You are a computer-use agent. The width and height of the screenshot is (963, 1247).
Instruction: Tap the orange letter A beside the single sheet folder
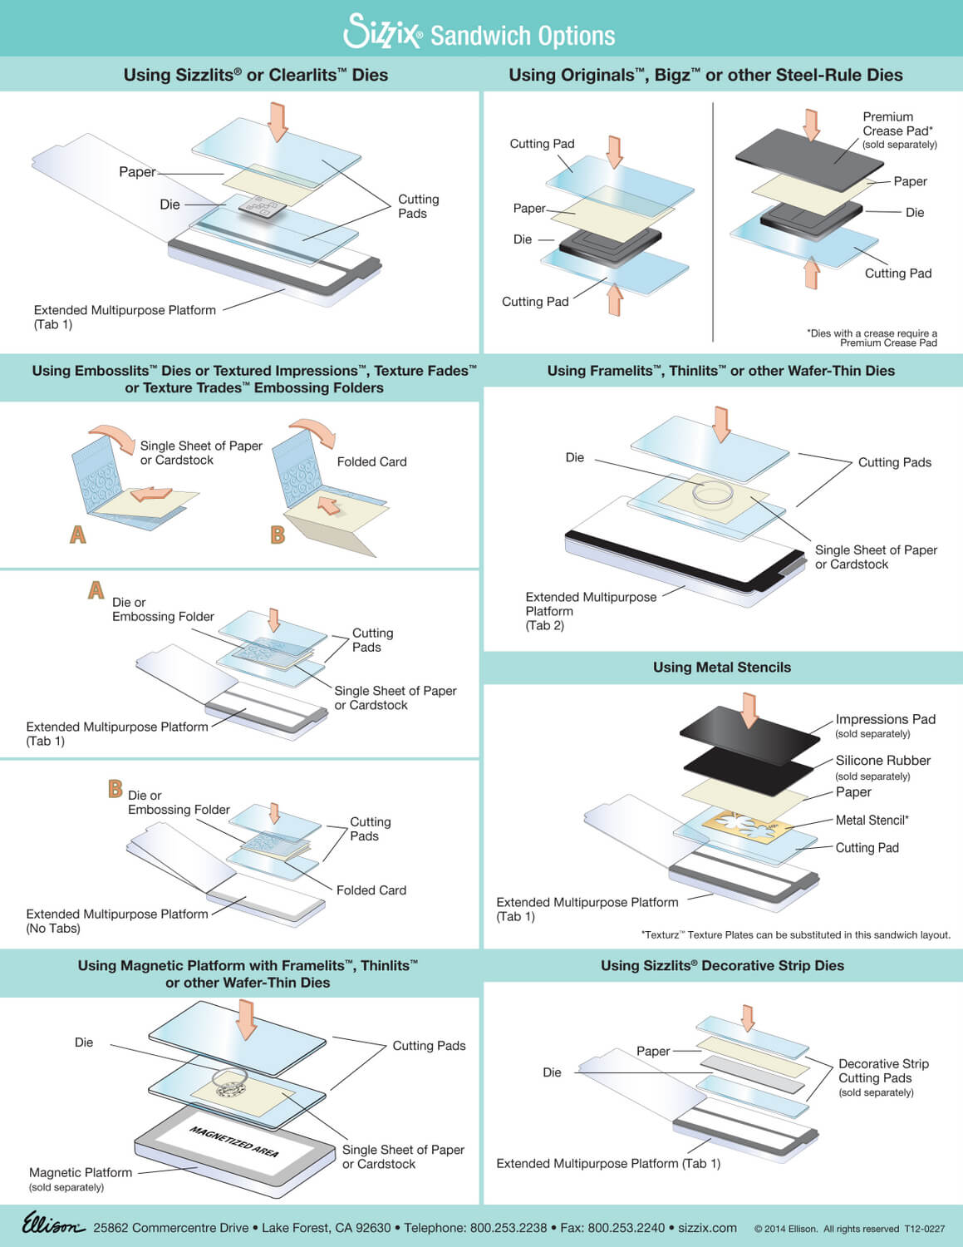[78, 534]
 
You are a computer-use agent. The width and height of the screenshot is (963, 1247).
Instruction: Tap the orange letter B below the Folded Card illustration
[278, 535]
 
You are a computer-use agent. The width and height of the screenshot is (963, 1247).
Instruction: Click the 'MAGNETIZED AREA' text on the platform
[233, 1141]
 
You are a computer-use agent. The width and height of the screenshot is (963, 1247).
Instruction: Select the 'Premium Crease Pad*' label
[897, 124]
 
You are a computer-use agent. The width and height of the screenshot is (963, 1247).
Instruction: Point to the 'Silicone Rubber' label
[882, 761]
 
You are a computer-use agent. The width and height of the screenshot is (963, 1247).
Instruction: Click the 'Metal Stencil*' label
[872, 821]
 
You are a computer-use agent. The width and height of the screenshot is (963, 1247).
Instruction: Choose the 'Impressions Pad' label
[885, 719]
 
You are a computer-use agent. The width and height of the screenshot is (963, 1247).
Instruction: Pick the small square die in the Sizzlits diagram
[263, 206]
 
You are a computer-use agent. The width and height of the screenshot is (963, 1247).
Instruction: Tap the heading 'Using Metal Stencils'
[721, 668]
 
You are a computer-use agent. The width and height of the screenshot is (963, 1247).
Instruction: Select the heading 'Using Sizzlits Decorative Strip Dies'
[722, 965]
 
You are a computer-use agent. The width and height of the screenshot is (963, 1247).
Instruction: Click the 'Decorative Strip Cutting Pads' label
[882, 1071]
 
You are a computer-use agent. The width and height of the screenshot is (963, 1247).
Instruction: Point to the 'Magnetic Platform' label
[81, 1172]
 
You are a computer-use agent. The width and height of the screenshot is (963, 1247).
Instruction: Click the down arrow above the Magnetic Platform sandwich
[246, 1019]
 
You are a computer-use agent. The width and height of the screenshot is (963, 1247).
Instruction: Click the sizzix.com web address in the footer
[707, 1228]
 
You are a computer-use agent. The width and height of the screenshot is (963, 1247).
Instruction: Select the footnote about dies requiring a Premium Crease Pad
[872, 338]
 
